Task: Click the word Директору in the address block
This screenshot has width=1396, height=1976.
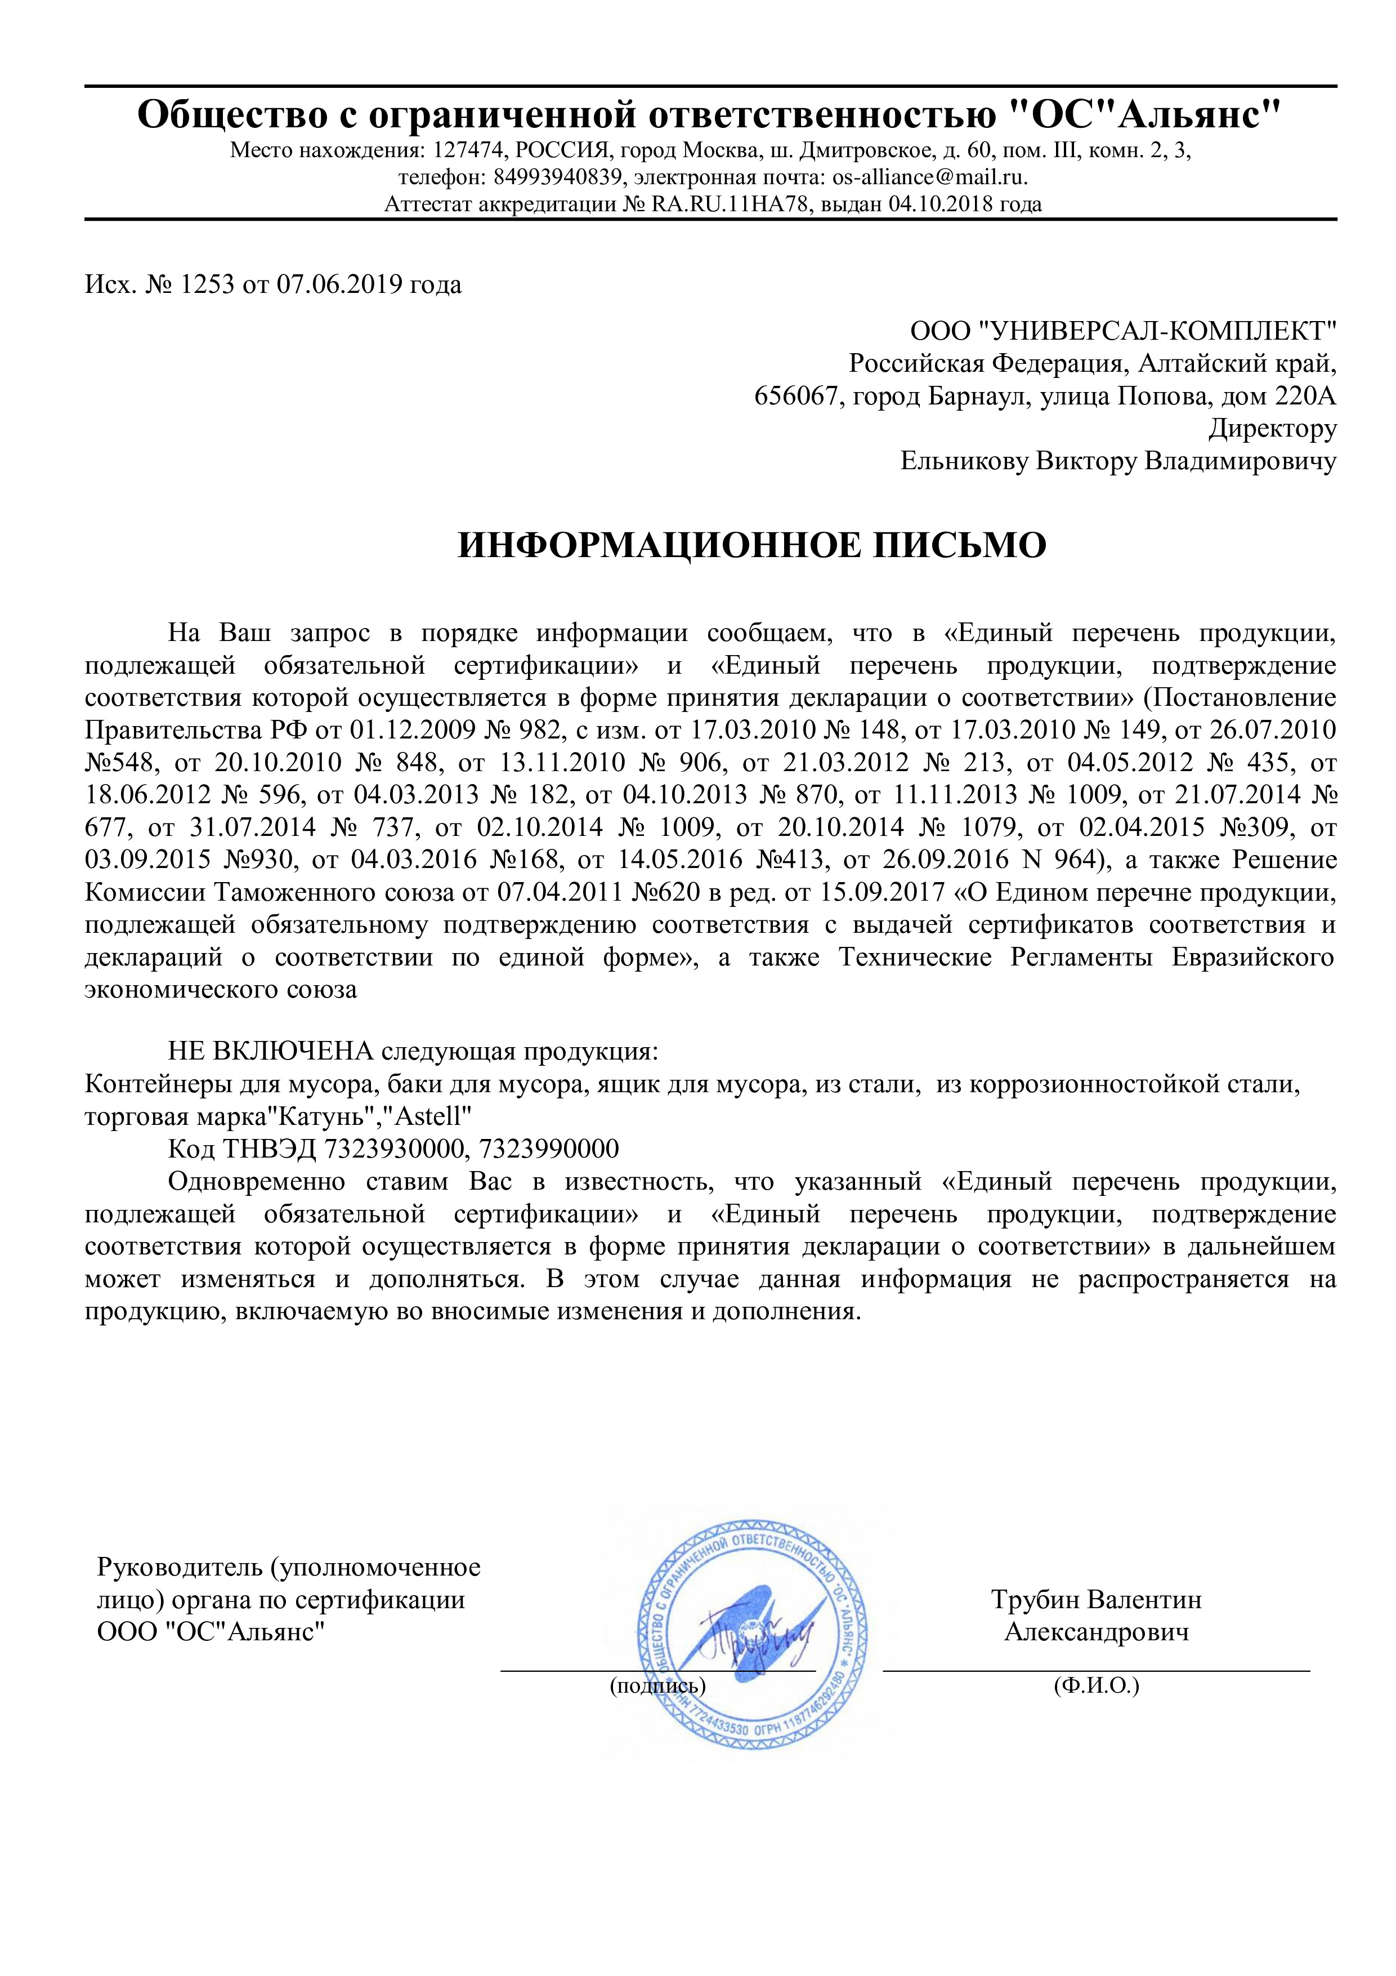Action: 1273,429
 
